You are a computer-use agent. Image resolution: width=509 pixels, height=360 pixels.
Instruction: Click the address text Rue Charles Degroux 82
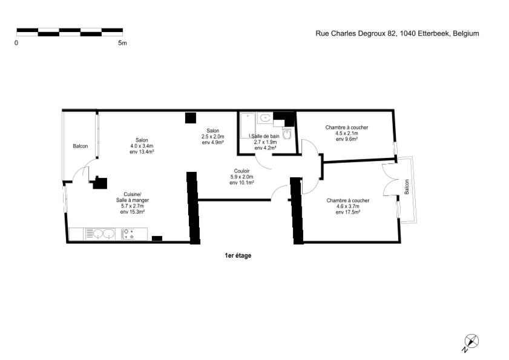click(356, 33)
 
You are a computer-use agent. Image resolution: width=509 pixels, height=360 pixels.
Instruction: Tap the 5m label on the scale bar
click(122, 43)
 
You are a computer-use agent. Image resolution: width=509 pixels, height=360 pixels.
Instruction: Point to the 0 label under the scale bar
click(16, 43)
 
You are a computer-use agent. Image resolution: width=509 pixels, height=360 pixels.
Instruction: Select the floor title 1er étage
click(238, 255)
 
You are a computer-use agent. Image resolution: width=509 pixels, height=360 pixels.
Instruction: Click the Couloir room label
click(242, 171)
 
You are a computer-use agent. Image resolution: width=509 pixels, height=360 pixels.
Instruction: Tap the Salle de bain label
click(265, 136)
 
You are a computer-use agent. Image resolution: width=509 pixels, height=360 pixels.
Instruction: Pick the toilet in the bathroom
click(287, 134)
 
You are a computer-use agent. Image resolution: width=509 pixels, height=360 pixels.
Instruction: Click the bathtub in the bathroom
click(248, 126)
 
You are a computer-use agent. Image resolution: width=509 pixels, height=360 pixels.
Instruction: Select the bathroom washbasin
click(265, 118)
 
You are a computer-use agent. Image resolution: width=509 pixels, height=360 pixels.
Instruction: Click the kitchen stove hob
click(128, 234)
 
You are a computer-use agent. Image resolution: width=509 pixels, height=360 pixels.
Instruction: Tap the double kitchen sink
click(100, 234)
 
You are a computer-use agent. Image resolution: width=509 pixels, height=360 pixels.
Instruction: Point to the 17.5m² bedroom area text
click(348, 212)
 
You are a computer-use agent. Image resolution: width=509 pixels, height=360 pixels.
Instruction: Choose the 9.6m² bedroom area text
click(347, 139)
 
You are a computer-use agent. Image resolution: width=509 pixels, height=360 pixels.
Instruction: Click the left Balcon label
click(80, 146)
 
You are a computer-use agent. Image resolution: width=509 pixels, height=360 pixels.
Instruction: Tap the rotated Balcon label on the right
click(407, 187)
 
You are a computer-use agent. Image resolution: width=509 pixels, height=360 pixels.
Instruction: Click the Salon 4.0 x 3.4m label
click(142, 146)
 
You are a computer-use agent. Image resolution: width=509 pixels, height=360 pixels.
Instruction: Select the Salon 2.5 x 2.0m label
click(213, 137)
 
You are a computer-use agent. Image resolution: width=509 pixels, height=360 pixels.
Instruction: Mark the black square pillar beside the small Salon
click(191, 118)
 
